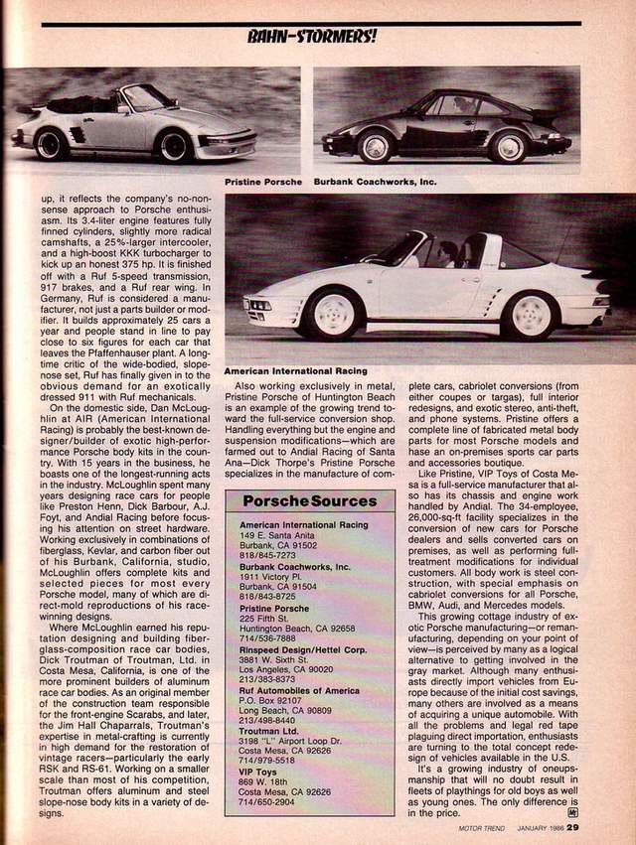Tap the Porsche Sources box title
coord(310,501)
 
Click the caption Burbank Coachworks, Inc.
coord(375,183)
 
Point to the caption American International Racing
coord(295,371)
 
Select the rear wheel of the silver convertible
coord(52,144)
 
